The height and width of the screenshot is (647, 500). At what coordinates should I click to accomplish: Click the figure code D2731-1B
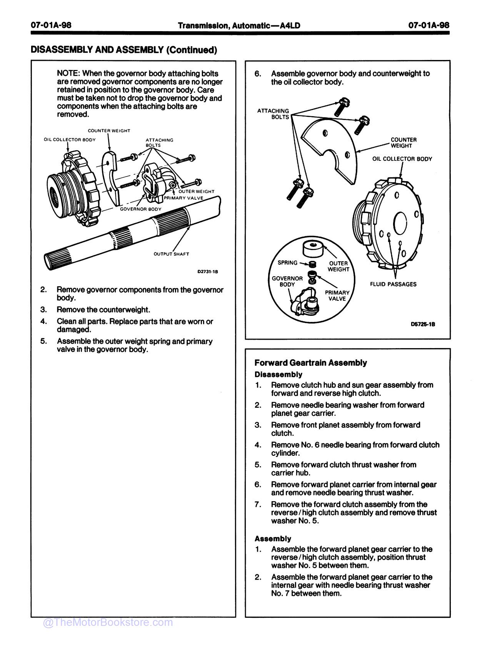(208, 272)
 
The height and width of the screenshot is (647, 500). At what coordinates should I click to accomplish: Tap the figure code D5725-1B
(423, 324)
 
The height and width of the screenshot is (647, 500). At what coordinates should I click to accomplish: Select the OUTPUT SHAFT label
(171, 254)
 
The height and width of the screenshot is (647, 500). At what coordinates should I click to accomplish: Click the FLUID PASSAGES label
(393, 284)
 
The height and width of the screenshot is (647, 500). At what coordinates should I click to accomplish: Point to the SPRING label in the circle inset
(287, 263)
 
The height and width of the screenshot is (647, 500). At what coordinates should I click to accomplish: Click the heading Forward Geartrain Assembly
(311, 363)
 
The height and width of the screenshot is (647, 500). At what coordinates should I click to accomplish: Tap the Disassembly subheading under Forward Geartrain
(278, 374)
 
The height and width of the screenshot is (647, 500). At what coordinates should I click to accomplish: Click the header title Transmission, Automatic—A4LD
(239, 25)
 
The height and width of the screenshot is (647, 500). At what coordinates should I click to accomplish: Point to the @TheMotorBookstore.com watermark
(108, 622)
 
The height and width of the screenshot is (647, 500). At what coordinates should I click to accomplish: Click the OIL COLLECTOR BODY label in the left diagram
(70, 140)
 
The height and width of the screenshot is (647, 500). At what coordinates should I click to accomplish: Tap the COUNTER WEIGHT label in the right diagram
(403, 143)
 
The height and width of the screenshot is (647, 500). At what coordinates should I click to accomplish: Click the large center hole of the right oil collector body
(401, 223)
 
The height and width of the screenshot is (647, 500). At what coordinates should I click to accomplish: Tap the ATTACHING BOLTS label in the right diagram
(273, 114)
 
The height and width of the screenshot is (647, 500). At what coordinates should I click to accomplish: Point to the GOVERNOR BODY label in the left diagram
(140, 209)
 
